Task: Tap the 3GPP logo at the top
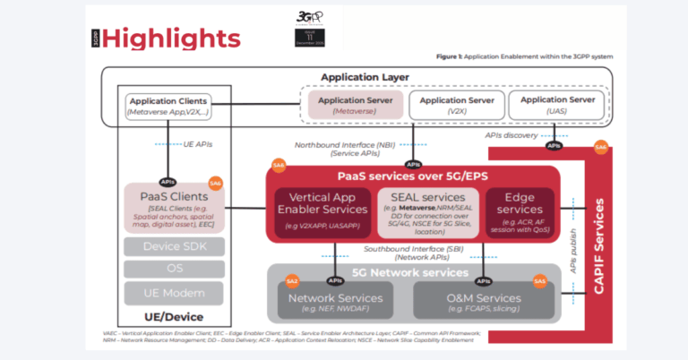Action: click(x=309, y=18)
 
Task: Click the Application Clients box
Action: click(x=168, y=106)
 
